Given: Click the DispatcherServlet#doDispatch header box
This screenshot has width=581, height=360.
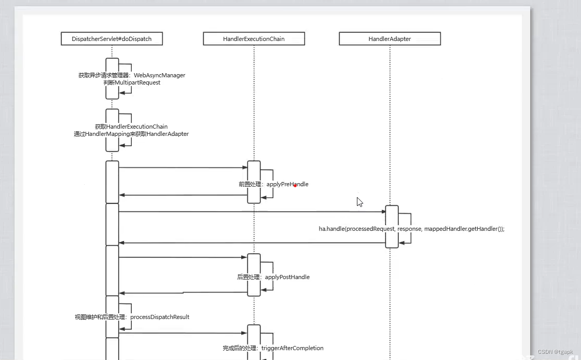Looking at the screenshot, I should pyautogui.click(x=112, y=39).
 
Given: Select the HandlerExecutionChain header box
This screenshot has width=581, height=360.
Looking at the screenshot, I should pyautogui.click(x=254, y=39).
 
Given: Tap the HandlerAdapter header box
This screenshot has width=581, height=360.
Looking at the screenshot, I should pyautogui.click(x=390, y=39).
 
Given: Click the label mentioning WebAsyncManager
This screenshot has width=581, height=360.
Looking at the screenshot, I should pyautogui.click(x=132, y=75).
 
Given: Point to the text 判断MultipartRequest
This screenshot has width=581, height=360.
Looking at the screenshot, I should pyautogui.click(x=132, y=82).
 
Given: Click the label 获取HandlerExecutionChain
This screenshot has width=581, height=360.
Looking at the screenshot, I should pyautogui.click(x=131, y=127).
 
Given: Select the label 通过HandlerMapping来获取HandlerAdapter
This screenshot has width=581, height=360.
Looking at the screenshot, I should pyautogui.click(x=131, y=134).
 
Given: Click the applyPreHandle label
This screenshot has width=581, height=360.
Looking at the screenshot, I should pyautogui.click(x=273, y=184).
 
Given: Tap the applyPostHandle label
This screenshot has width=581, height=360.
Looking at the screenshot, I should pyautogui.click(x=273, y=277).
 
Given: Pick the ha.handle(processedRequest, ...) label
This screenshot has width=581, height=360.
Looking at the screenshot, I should pyautogui.click(x=411, y=229).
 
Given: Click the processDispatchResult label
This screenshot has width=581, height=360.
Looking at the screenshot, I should pyautogui.click(x=132, y=317).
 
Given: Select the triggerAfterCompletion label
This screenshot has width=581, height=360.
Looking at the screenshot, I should pyautogui.click(x=273, y=348).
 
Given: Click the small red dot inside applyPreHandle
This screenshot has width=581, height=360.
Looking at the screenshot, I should pyautogui.click(x=295, y=185).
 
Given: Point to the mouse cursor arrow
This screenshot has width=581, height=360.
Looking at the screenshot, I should pyautogui.click(x=359, y=202).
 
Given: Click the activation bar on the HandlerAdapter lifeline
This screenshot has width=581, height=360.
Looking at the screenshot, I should pyautogui.click(x=392, y=227).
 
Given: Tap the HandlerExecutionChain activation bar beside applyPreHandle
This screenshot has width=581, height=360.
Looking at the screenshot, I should pyautogui.click(x=254, y=182).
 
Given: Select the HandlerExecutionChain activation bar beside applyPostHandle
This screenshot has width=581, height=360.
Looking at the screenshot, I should pyautogui.click(x=254, y=274).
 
